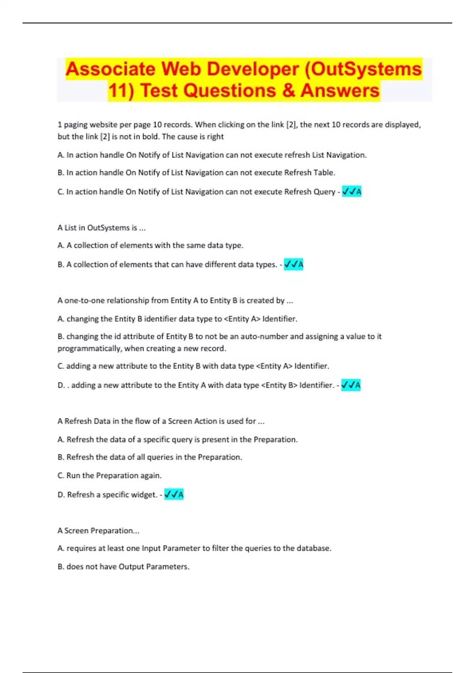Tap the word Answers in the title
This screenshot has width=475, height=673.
[x=340, y=91]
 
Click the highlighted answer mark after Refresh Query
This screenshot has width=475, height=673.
[x=351, y=192]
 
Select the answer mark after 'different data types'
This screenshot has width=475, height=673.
[x=293, y=264]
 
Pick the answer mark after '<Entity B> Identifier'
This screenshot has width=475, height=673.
[x=351, y=385]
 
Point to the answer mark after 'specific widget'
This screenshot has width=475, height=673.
[x=174, y=494]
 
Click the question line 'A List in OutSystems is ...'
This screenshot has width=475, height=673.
[x=101, y=228]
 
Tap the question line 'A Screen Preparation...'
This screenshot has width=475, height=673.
[x=98, y=530]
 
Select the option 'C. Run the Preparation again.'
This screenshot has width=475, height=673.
[x=109, y=475]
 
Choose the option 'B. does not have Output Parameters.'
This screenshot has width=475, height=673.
[x=123, y=567]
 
